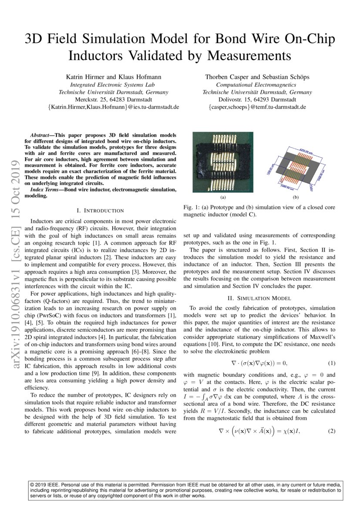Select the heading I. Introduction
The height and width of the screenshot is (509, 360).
100,210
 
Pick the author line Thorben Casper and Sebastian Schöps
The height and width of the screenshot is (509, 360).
257,77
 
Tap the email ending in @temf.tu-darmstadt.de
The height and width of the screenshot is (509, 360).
257,107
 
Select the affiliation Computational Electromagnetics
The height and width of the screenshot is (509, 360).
257,85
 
